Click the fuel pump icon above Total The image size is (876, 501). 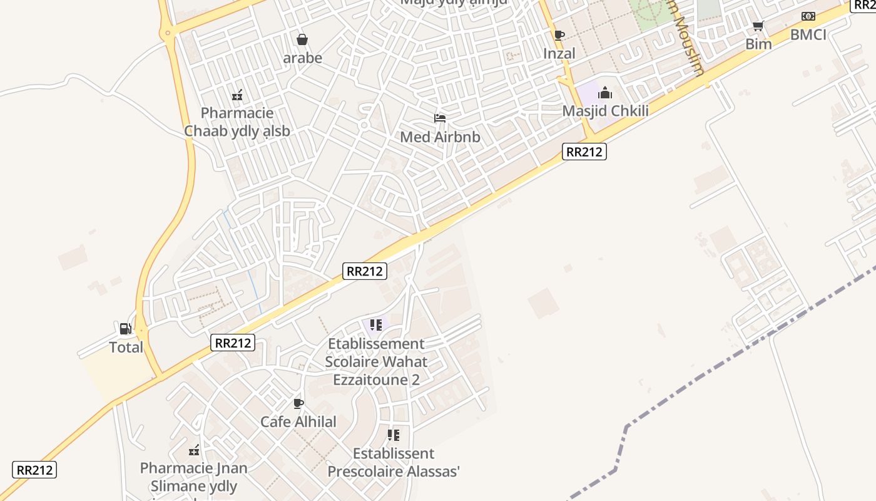click(x=125, y=328)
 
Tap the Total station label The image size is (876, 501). click(x=126, y=348)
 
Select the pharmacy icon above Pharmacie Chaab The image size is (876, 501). click(x=237, y=95)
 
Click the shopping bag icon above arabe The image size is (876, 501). click(x=302, y=40)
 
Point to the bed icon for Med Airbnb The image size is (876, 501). click(x=440, y=118)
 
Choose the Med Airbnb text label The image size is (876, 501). click(x=440, y=137)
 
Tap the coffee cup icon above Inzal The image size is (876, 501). click(x=559, y=35)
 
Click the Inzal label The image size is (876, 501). click(x=559, y=54)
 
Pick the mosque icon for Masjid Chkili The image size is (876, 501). click(x=605, y=93)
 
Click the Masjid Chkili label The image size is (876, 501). click(x=605, y=111)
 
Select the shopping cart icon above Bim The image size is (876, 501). click(x=758, y=26)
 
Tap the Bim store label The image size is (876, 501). click(x=758, y=44)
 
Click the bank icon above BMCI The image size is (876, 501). click(x=808, y=16)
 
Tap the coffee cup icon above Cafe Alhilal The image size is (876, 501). click(x=298, y=403)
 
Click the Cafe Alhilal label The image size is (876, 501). click(x=298, y=421)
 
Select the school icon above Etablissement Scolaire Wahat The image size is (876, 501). click(x=376, y=324)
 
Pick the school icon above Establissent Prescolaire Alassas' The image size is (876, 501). click(x=394, y=435)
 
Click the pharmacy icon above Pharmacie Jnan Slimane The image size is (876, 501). click(x=194, y=450)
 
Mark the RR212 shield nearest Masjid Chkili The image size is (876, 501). click(x=584, y=151)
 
